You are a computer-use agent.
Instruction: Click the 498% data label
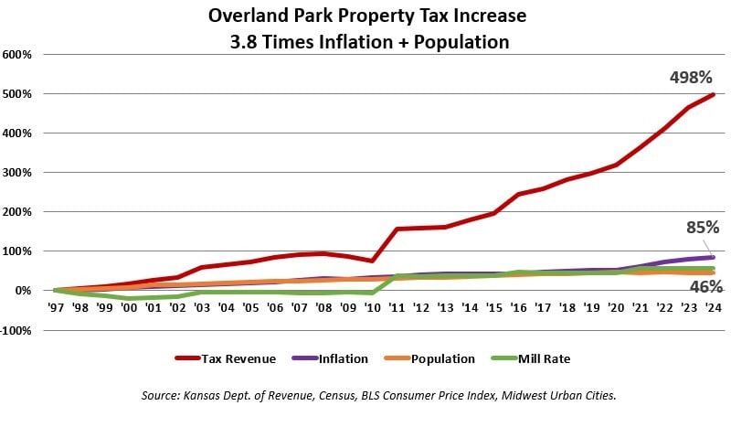[688, 78]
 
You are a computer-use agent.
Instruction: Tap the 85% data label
[702, 227]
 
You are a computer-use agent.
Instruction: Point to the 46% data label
[702, 286]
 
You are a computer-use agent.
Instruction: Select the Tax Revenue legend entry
[225, 358]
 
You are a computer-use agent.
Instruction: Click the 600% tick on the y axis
[17, 54]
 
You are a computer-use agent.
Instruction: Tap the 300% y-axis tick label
[17, 172]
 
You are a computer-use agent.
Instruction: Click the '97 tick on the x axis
[56, 308]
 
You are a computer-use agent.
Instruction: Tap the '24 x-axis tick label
[714, 308]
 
